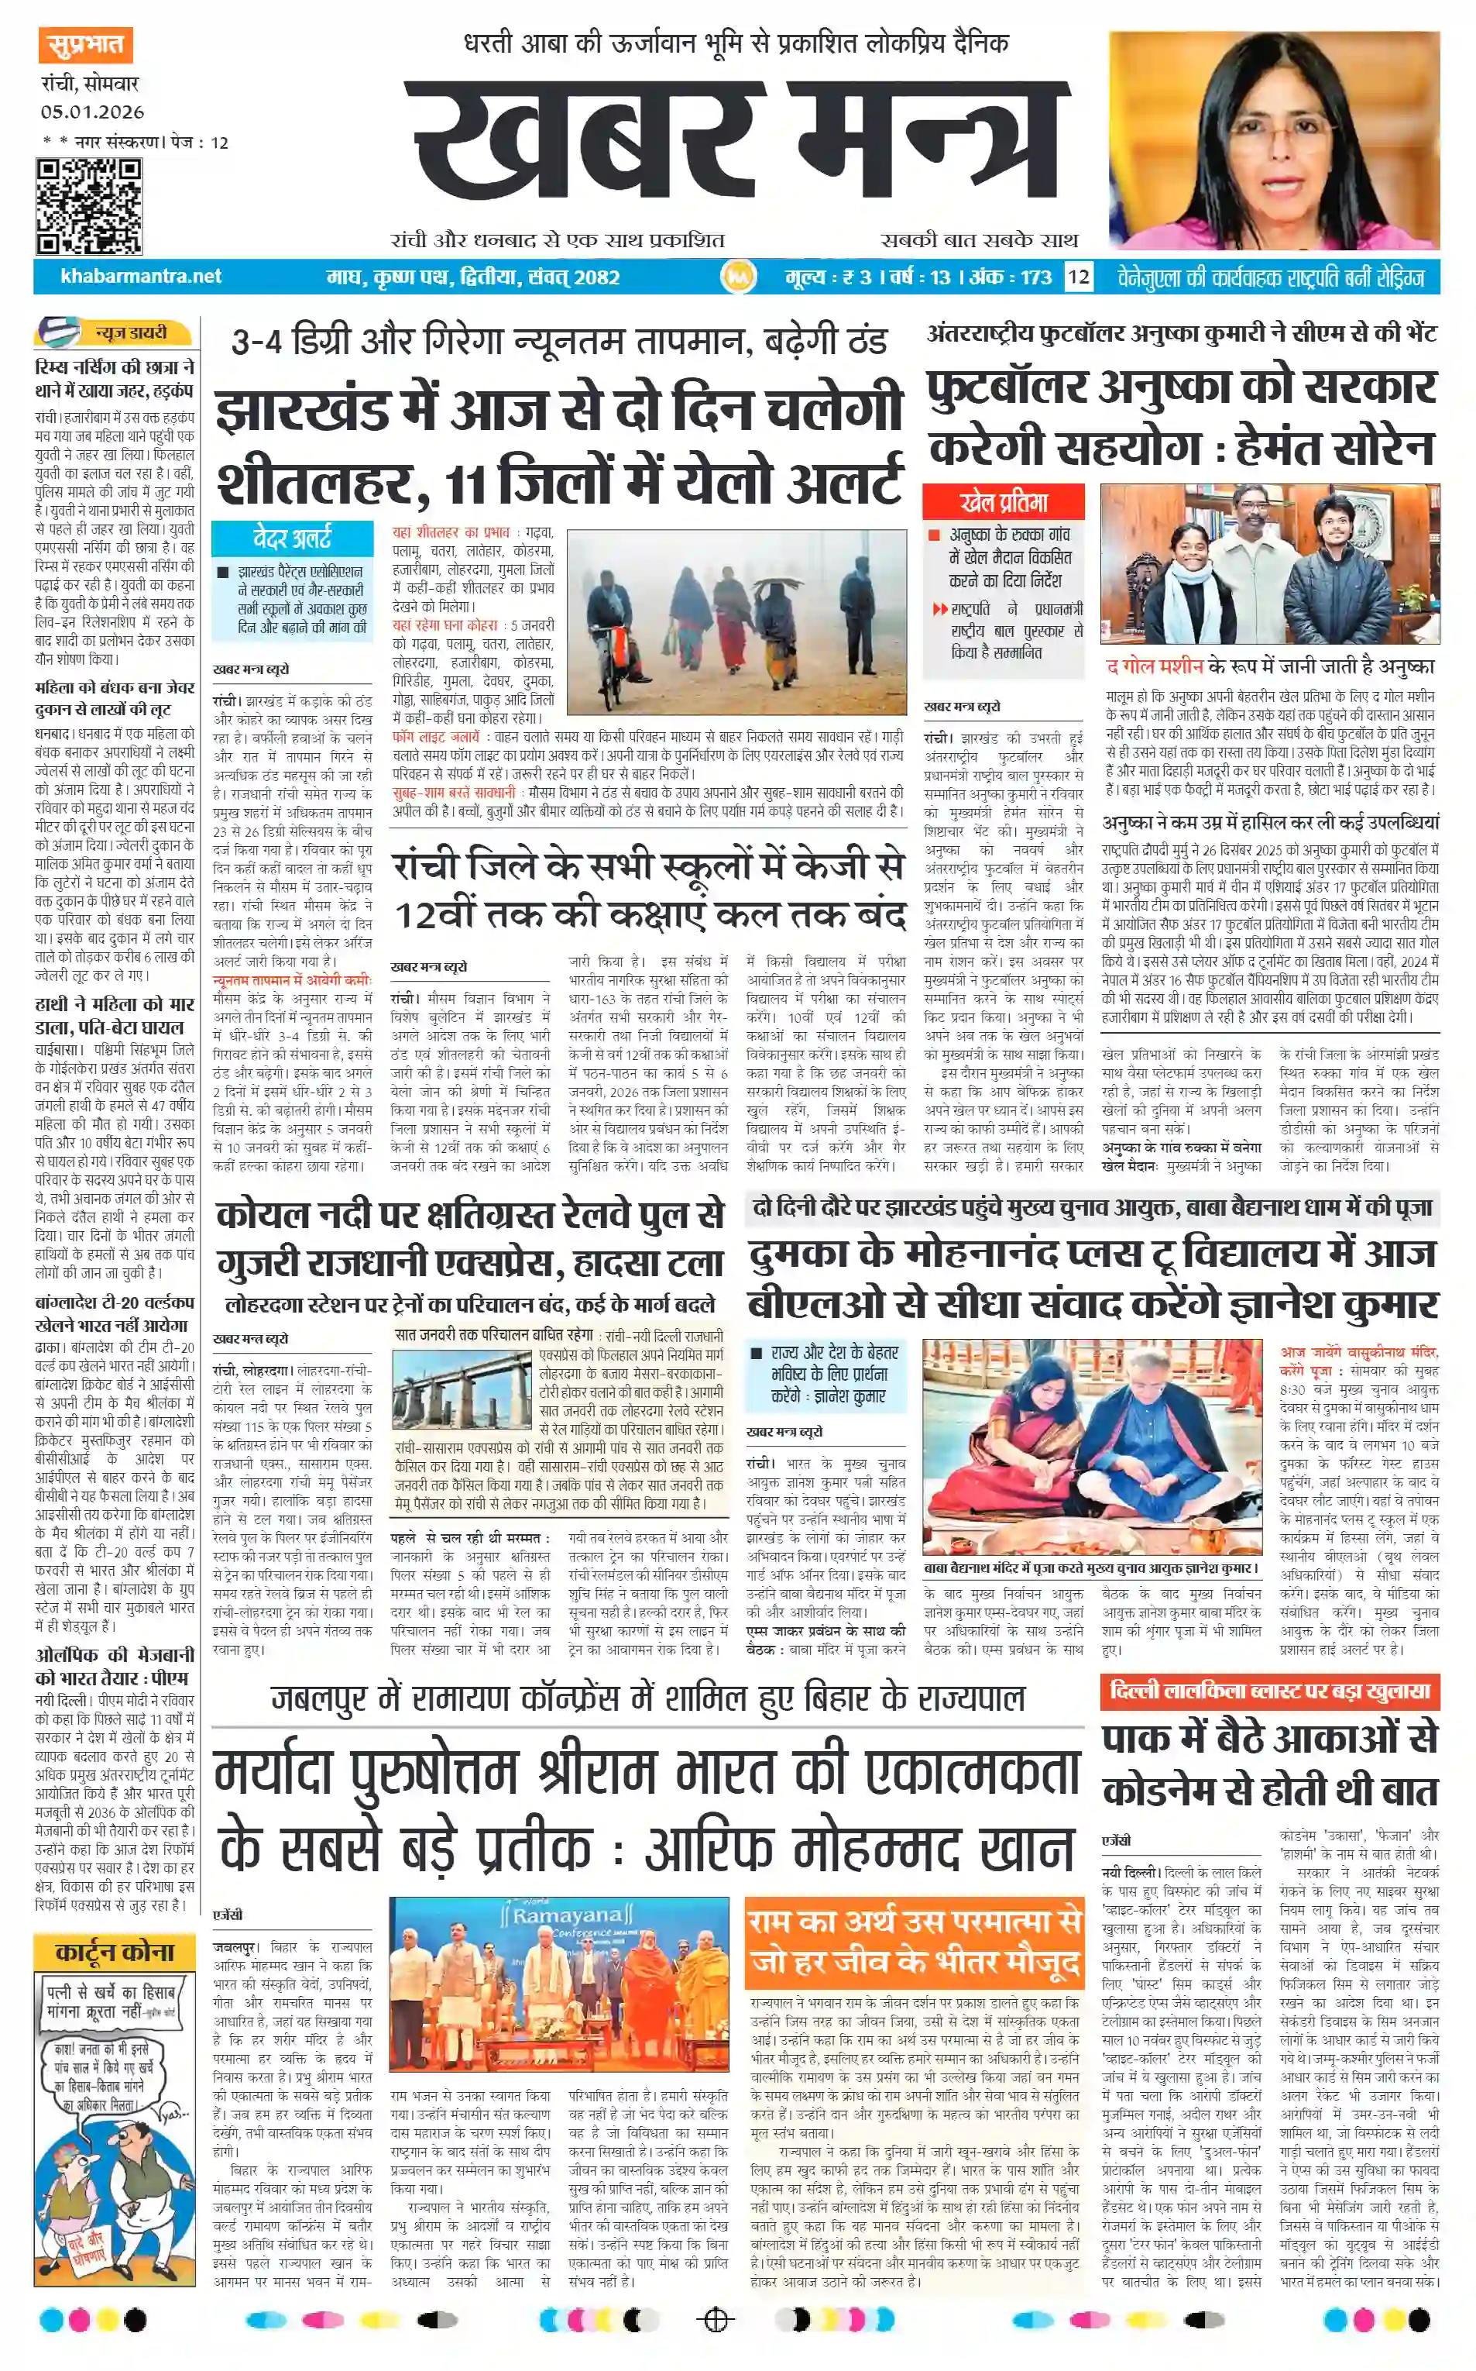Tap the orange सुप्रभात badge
point(86,45)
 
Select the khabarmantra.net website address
point(141,277)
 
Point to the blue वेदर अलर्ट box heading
point(292,537)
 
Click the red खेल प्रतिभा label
point(1003,502)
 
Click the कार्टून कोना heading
point(114,1951)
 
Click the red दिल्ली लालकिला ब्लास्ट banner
point(1269,1691)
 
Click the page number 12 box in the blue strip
point(1078,277)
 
